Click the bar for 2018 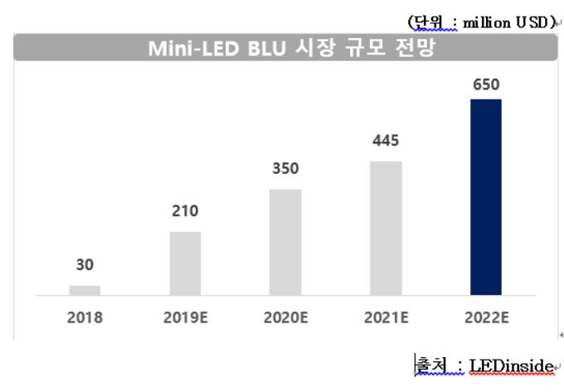85,290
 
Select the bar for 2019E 185,263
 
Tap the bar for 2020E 285,241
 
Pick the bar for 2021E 386,228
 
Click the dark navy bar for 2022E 486,197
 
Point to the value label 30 85,266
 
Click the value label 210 185,211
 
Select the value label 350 285,169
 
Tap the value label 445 386,141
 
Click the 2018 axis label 85,317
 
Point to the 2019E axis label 185,317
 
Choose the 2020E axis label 285,317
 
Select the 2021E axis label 386,317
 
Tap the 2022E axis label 486,317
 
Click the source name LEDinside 510,364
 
